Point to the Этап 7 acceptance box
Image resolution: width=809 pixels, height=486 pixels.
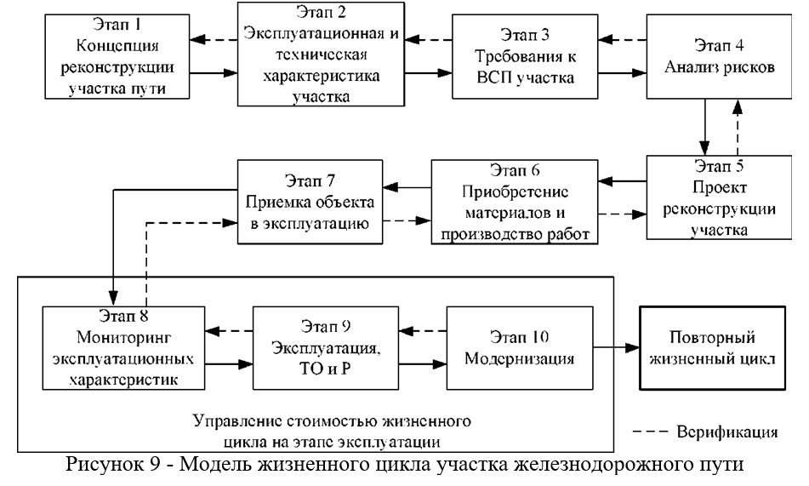click(x=310, y=201)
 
